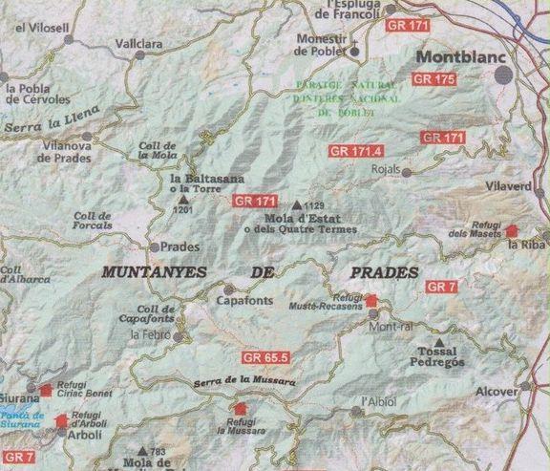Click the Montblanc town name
463,55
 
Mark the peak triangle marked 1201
183,199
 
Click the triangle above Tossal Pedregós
438,341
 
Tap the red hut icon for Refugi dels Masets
512,230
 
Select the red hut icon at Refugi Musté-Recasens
371,302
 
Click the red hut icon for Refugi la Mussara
237,409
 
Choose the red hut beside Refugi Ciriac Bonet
45,389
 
